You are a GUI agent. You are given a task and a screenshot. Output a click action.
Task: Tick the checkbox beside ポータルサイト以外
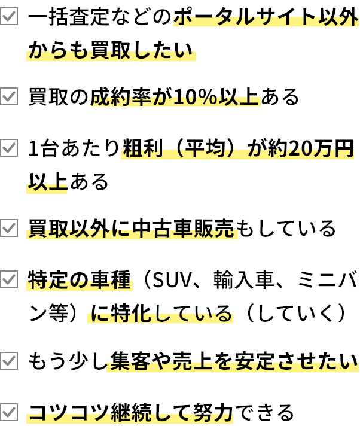[x=9, y=16]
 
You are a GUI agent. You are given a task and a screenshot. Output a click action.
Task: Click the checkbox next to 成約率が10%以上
[x=9, y=96]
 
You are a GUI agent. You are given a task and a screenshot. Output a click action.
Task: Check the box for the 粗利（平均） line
[x=9, y=148]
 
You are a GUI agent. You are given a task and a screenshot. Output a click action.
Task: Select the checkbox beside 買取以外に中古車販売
[x=9, y=228]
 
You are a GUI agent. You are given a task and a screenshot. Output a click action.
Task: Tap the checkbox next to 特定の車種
[x=9, y=279]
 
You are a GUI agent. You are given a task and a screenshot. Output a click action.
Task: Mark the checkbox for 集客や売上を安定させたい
[x=9, y=361]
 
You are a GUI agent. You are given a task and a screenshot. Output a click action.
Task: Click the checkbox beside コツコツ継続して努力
[x=9, y=412]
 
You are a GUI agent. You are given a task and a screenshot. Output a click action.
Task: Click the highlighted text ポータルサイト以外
[x=266, y=20]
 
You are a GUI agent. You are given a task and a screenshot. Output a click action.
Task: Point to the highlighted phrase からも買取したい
[x=111, y=55]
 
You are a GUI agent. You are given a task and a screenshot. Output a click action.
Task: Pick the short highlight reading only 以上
[x=47, y=187]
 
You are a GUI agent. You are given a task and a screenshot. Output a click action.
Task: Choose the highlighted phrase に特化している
[x=160, y=316]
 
